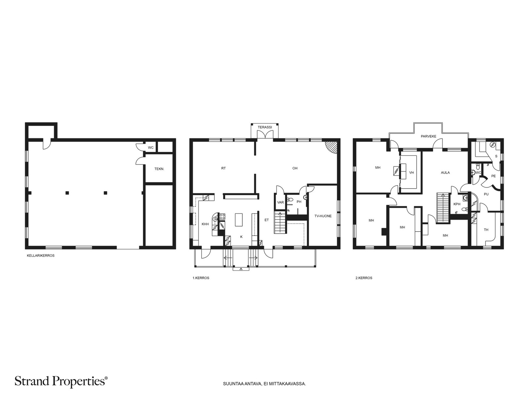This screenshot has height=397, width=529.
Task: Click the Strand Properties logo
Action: tap(61, 381)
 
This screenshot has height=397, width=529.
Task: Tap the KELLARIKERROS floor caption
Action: tap(41, 255)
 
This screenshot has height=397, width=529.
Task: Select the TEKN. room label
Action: tap(159, 169)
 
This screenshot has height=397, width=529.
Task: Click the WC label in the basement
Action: tap(151, 148)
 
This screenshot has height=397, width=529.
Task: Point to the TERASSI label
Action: tap(264, 127)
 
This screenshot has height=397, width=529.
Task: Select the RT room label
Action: tap(224, 168)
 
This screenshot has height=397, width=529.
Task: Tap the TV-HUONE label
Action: tap(323, 216)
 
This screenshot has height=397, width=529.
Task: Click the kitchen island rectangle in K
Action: tap(239, 220)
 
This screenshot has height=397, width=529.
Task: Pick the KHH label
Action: tap(205, 224)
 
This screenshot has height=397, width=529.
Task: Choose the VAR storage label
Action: tap(280, 202)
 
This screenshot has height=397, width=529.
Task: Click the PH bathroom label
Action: tap(299, 202)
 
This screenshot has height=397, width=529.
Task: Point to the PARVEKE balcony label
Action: tap(428, 136)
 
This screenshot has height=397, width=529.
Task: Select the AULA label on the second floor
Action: tap(445, 173)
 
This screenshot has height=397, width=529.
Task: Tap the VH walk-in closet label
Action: tap(411, 173)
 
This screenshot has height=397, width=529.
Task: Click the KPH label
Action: tap(457, 204)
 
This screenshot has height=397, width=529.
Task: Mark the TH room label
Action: tap(486, 230)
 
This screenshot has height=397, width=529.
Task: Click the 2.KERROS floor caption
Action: tap(364, 278)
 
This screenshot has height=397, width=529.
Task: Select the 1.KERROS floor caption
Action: tap(201, 278)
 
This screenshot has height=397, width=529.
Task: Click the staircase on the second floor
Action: tap(443, 208)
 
